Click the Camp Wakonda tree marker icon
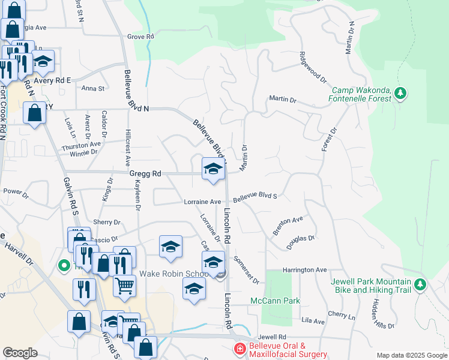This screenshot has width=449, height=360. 400,93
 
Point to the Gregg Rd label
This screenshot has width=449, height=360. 145,173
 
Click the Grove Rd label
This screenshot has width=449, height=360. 141,37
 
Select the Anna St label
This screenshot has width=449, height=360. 93,88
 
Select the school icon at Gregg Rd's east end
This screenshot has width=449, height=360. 212,169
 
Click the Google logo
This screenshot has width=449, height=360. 20,353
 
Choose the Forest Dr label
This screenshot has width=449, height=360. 330,139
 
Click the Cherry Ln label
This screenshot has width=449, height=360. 342,314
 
